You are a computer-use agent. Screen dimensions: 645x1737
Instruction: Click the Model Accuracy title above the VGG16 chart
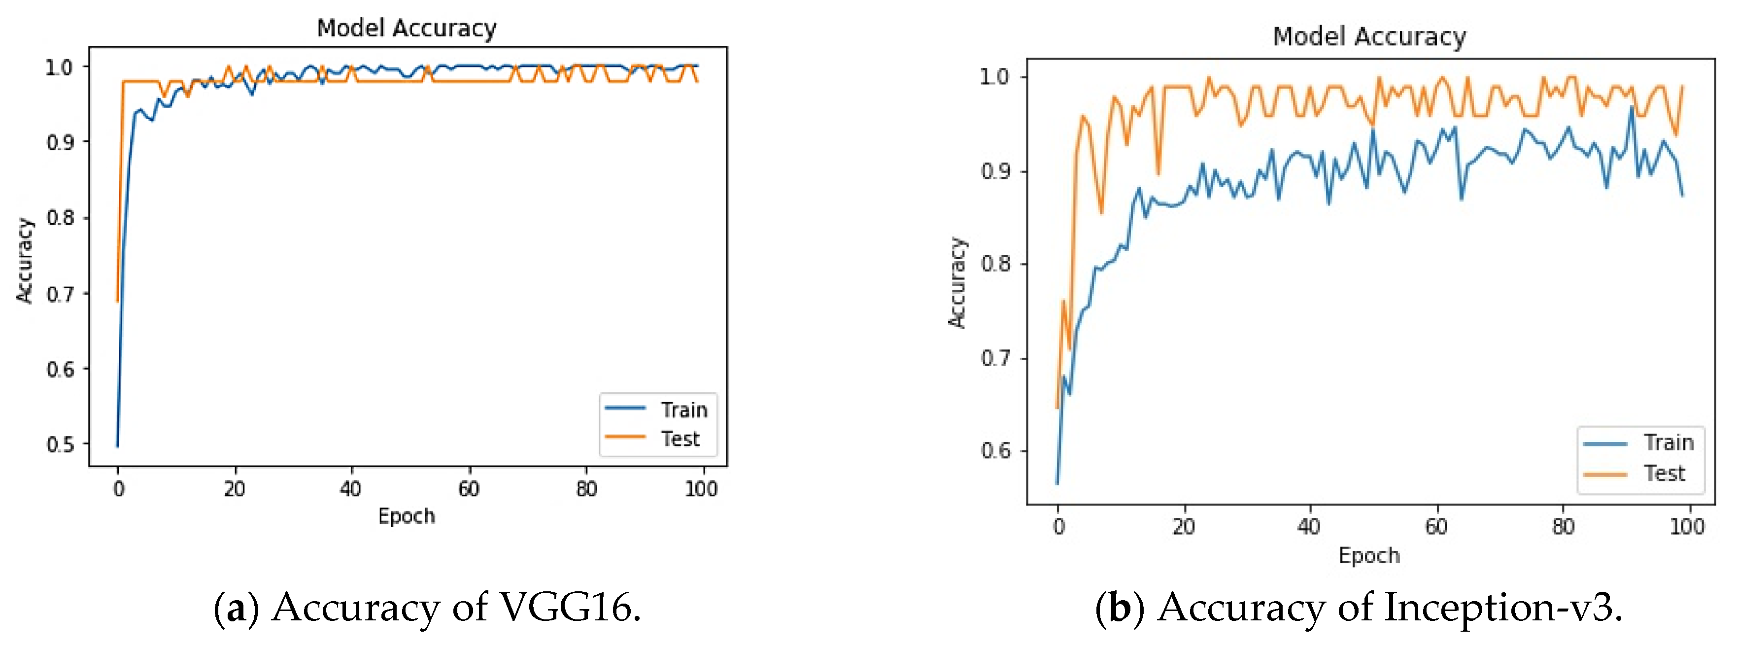pyautogui.click(x=407, y=28)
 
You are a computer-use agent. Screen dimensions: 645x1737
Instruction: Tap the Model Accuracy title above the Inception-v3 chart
pyautogui.click(x=1369, y=36)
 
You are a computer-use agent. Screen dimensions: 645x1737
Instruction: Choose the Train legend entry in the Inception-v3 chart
pyautogui.click(x=1668, y=443)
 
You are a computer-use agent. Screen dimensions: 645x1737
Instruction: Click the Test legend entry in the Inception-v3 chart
pyautogui.click(x=1664, y=474)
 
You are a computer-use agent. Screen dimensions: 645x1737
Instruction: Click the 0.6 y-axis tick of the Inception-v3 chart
pyautogui.click(x=995, y=450)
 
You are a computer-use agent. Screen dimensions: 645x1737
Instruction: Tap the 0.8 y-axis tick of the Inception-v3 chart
pyautogui.click(x=995, y=264)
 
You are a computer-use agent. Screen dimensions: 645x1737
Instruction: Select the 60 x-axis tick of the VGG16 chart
pyautogui.click(x=469, y=489)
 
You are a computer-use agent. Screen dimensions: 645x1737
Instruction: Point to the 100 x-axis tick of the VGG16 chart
pyautogui.click(x=701, y=489)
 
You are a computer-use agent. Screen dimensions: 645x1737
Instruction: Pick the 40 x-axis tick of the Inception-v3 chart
pyautogui.click(x=1309, y=526)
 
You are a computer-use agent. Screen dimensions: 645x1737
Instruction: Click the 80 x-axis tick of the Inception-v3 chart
pyautogui.click(x=1563, y=526)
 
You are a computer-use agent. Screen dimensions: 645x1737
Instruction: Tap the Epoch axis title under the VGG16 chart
pyautogui.click(x=407, y=516)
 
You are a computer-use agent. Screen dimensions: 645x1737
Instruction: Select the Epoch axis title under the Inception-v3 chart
pyautogui.click(x=1369, y=555)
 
